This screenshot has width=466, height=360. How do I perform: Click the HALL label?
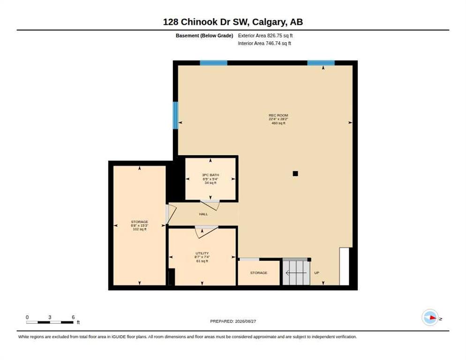[203, 214]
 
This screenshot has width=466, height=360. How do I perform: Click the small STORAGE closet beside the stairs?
[259, 273]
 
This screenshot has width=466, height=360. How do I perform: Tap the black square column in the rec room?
[295, 173]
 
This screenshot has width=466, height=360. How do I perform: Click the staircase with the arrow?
[296, 272]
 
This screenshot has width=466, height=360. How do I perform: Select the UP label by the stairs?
[317, 273]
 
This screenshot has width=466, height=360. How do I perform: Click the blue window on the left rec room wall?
[175, 115]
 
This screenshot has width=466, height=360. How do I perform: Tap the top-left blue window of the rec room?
[213, 63]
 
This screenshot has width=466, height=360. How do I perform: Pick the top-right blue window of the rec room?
[321, 63]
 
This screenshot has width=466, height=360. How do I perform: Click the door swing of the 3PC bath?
[210, 205]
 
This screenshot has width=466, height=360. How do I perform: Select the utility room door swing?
[206, 231]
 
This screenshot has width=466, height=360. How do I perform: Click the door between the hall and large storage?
[171, 214]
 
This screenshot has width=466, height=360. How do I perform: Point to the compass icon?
[430, 318]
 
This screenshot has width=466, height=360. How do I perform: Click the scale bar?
[50, 322]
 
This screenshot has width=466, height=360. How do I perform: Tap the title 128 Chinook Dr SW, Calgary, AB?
[233, 22]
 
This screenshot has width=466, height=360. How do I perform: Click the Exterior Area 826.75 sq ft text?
[265, 36]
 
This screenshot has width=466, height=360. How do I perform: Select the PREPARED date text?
[233, 322]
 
